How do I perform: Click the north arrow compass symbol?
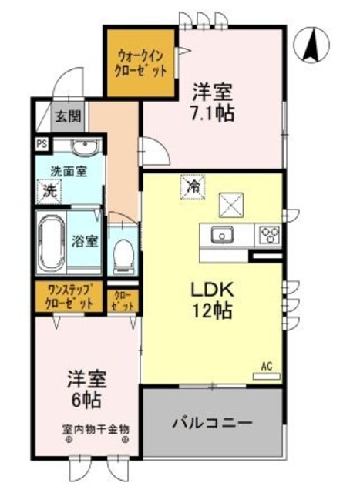coord(312,45)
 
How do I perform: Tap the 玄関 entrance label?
coord(66,117)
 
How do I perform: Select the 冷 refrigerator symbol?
coord(193,186)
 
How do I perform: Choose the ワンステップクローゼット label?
coord(70,297)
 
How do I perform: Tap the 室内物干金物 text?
coord(96,429)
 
